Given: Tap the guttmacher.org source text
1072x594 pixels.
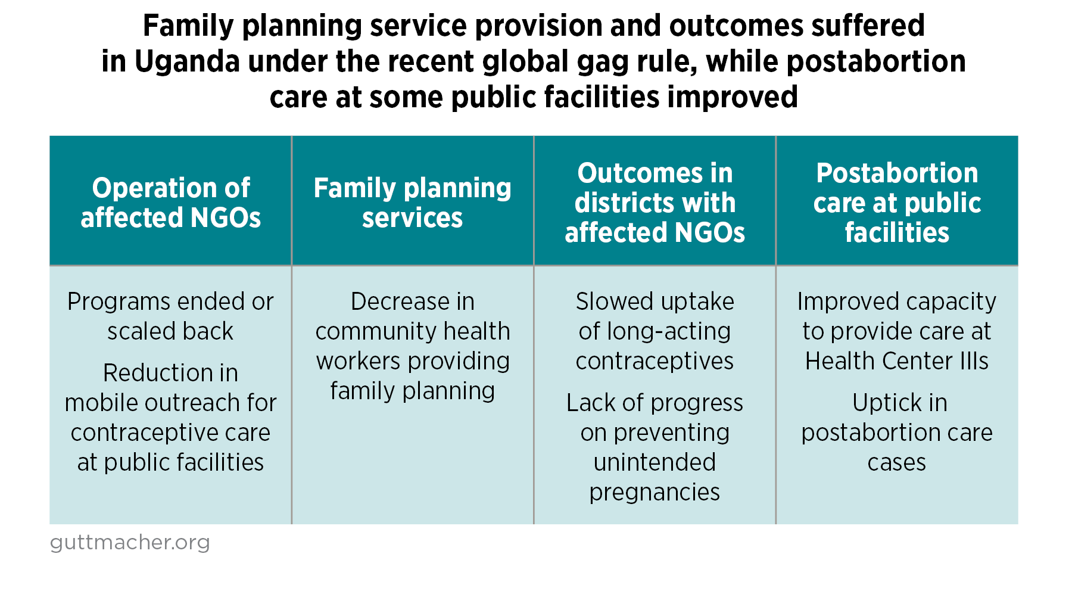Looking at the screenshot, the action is tap(130, 543).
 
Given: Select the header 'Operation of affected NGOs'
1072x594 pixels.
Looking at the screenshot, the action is tap(171, 203).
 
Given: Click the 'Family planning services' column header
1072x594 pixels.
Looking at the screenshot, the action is tap(413, 203).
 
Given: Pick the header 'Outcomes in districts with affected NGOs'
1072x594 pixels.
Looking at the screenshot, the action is tap(655, 203).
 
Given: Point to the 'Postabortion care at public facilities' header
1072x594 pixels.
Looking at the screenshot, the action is tap(897, 203).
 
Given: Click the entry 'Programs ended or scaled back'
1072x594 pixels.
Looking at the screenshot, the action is tap(171, 316).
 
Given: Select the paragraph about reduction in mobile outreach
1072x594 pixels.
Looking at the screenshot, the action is tap(171, 418).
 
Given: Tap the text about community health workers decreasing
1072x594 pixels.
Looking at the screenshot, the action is tap(413, 346).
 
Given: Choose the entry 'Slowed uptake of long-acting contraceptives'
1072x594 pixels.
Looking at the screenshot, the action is tap(655, 331).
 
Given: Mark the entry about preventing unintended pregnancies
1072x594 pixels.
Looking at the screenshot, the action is tap(655, 447).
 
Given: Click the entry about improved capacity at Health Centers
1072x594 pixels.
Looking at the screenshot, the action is tap(897, 331).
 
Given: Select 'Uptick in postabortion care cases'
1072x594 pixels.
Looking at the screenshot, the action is tap(897, 433).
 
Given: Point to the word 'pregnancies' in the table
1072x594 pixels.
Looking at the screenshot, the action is tap(655, 492).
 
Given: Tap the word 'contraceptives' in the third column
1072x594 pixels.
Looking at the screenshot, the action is tap(655, 361).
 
